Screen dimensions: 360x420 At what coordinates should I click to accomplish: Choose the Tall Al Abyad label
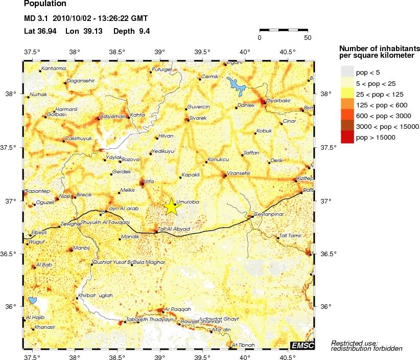point(174,229)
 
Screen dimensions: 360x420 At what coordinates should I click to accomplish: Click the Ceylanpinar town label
point(269,214)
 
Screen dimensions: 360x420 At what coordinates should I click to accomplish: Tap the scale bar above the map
point(284,31)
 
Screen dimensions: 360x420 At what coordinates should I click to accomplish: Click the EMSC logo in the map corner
point(302,346)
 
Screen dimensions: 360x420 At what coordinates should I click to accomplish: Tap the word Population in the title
point(45,4)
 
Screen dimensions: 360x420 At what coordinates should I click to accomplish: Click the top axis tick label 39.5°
point(202,52)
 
